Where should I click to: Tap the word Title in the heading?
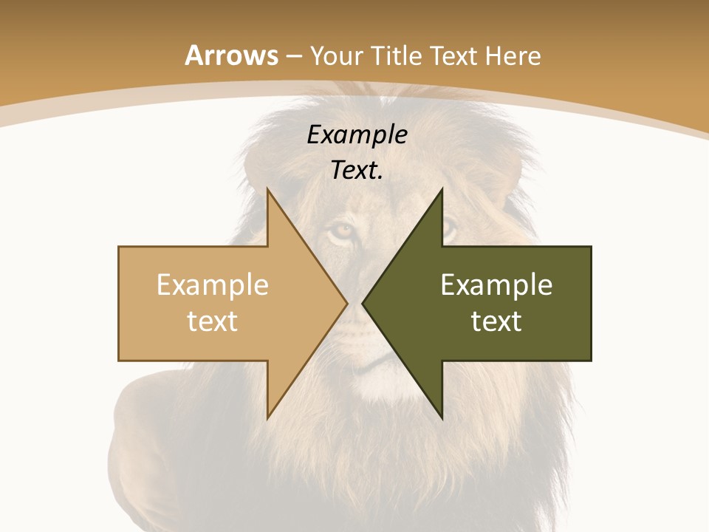397,56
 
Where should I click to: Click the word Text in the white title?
456,56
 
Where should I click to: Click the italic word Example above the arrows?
357,135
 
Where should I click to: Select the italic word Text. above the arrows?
357,171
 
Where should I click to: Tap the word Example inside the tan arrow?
213,285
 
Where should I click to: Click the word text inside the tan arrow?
213,321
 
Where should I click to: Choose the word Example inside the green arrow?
496,285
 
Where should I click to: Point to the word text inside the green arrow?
496,321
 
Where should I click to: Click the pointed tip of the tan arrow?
347,304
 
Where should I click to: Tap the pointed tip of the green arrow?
363,304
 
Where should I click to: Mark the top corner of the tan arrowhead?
268,189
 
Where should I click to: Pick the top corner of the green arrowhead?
442,189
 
